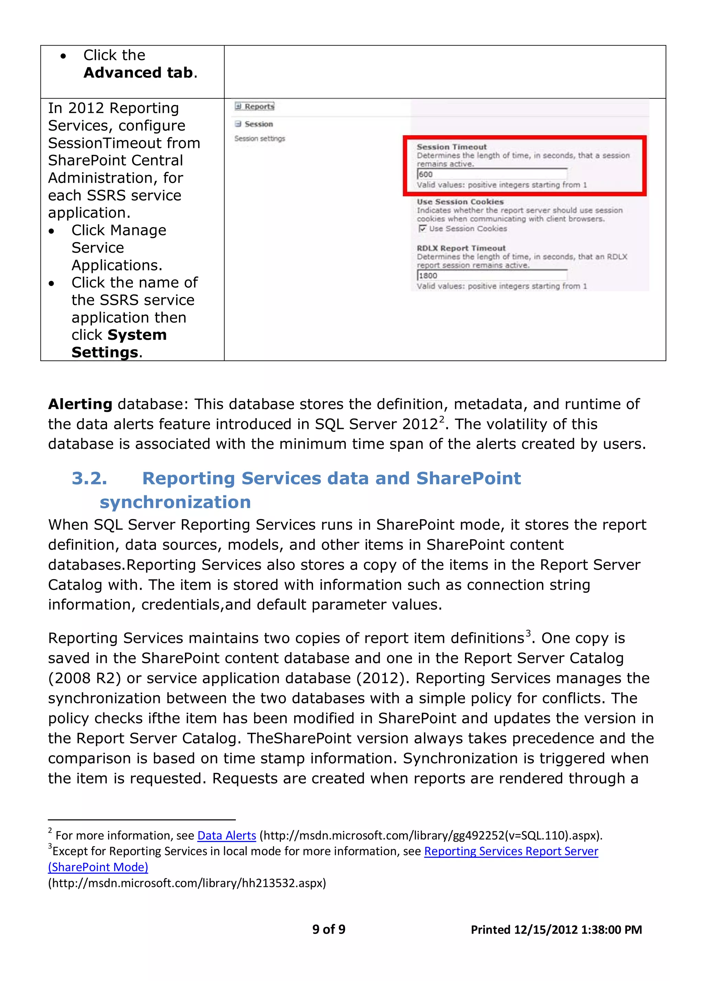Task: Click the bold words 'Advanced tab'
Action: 138,73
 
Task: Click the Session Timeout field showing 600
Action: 492,174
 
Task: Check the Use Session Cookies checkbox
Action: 422,228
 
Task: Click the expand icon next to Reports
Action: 238,106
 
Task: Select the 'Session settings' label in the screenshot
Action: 260,138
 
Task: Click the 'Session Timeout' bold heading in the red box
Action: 451,147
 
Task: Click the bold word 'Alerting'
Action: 80,404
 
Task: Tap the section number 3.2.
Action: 89,478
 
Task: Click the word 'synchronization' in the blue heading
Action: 175,502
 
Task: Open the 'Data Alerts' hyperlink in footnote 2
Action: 227,835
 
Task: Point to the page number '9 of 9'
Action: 329,929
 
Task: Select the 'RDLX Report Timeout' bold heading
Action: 461,248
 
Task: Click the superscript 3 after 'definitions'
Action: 528,634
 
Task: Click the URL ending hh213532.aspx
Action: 187,883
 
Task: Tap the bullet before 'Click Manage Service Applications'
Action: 52,231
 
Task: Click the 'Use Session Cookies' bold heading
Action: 460,202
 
